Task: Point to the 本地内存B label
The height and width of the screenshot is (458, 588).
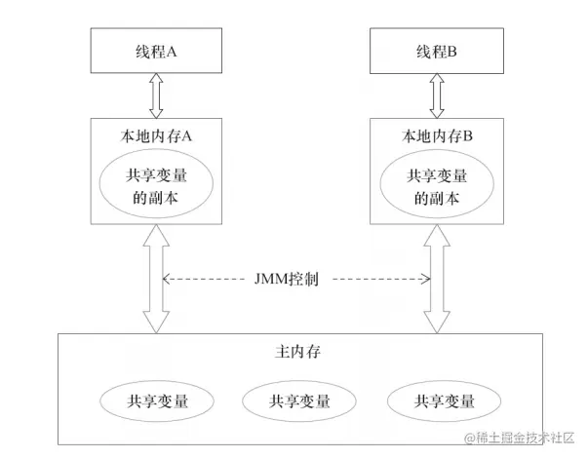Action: coord(436,136)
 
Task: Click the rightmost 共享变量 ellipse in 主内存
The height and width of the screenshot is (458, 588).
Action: coord(445,401)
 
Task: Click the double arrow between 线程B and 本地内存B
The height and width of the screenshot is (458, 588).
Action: coord(436,97)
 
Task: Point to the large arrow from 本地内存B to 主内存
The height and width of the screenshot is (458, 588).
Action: coord(436,278)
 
